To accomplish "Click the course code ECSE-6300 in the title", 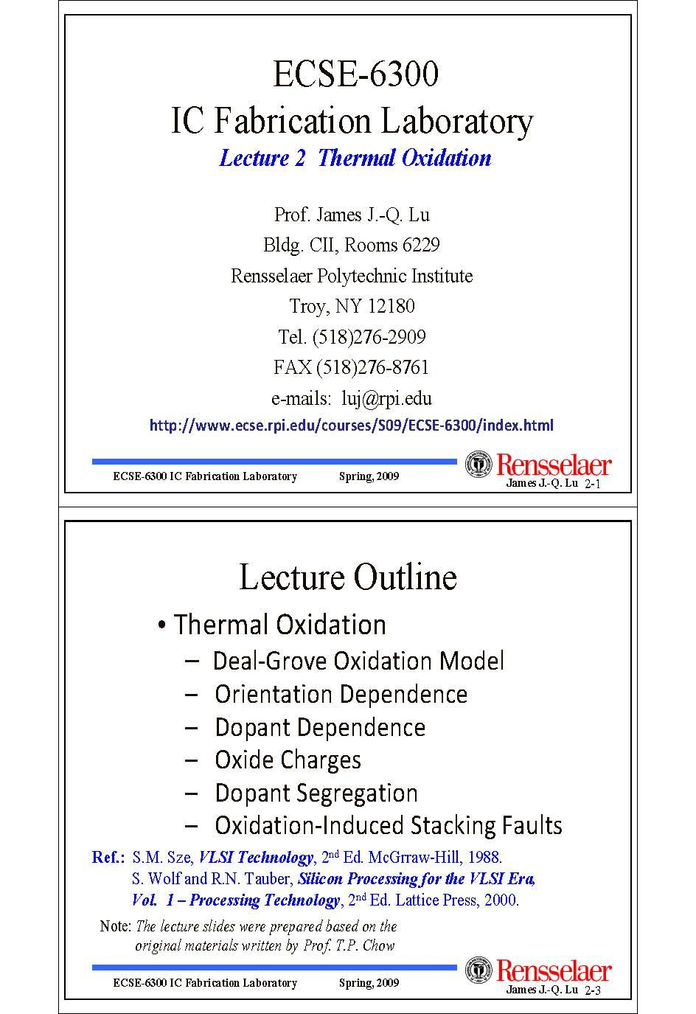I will click(x=355, y=74).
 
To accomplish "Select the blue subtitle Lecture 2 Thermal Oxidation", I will click(x=355, y=158).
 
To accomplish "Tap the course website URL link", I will click(x=351, y=426).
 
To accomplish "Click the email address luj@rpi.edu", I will click(x=386, y=398).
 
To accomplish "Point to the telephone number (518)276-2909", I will click(x=369, y=337).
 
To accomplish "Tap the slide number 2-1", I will click(x=593, y=485).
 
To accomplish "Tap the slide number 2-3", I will click(x=593, y=990).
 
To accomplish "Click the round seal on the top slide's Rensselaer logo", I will click(x=479, y=465).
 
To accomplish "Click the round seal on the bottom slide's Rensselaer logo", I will click(x=479, y=971).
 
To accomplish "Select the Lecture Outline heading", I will click(x=348, y=577).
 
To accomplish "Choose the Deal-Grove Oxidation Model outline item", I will click(x=358, y=660).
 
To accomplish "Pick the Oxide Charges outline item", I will click(x=288, y=760).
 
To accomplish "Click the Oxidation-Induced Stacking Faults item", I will click(x=388, y=825).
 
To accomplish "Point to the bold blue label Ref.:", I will click(x=108, y=858).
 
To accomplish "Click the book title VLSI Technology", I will click(x=256, y=858).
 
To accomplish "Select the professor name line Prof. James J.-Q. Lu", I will click(x=352, y=215).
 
